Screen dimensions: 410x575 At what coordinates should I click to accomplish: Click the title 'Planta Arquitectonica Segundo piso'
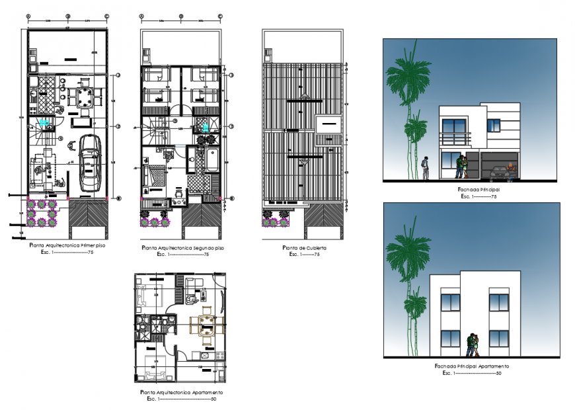point(183,248)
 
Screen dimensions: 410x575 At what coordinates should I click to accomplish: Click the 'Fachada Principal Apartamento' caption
point(471,366)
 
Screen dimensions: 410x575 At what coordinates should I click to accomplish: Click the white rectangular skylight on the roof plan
point(328,124)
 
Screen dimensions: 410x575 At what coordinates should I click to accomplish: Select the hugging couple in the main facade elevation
point(462,166)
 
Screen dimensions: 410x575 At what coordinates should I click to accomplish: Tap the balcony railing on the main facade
point(455,139)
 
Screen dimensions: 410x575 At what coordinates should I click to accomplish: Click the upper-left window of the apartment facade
point(450,301)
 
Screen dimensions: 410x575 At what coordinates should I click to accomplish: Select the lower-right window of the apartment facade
point(498,339)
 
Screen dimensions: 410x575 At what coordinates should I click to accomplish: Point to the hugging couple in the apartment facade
point(473,344)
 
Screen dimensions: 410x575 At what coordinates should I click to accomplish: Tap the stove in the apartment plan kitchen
point(204,356)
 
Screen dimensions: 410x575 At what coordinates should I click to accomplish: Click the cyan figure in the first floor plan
point(44,122)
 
